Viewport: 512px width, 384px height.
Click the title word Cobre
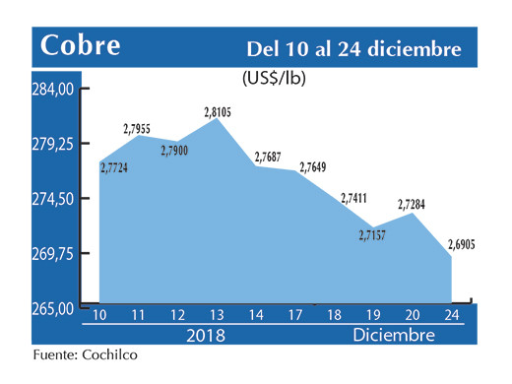point(80,45)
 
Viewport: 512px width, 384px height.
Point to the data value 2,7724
point(119,168)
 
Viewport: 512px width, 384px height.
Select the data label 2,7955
point(144,128)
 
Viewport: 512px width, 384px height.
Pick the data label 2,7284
point(413,205)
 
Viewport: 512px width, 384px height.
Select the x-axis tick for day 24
point(452,314)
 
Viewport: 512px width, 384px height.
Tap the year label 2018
point(206,335)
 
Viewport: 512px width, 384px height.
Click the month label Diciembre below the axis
point(394,335)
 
